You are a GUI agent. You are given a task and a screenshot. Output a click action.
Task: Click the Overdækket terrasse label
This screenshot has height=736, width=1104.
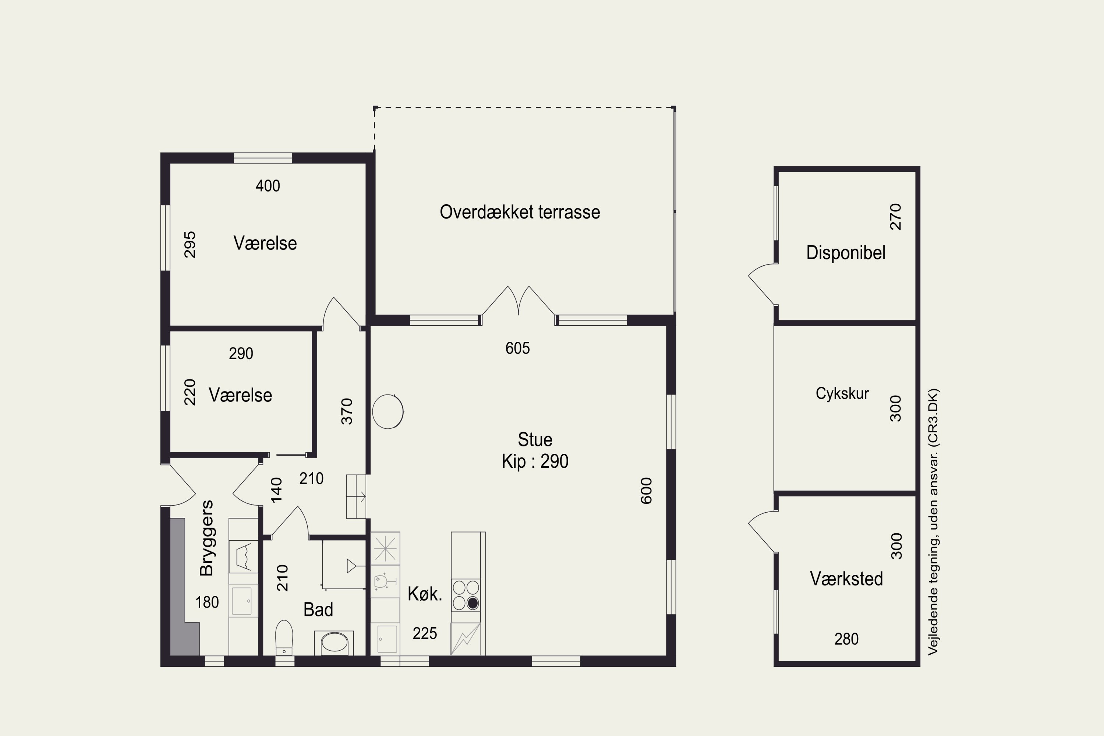(x=520, y=212)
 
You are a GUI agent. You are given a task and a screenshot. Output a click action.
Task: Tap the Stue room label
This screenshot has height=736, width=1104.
(x=535, y=439)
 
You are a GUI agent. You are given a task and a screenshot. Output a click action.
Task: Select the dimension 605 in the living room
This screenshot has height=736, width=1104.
(x=517, y=348)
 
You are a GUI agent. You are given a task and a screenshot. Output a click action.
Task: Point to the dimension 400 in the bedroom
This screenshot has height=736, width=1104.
(x=268, y=186)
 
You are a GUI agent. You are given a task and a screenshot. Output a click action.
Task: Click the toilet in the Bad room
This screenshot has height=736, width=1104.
(x=284, y=637)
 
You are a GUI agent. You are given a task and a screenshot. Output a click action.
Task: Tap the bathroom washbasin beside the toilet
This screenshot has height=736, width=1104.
(x=334, y=643)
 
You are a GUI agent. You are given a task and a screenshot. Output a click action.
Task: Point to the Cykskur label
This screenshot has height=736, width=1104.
(x=842, y=393)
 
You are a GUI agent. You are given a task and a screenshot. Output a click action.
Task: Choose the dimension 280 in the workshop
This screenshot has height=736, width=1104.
(x=846, y=639)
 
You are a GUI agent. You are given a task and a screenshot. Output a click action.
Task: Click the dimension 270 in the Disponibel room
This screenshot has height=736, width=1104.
(x=896, y=217)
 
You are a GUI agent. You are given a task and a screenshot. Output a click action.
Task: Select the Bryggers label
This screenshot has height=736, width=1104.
(x=206, y=538)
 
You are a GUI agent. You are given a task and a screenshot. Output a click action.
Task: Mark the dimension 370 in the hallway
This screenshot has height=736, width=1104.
(x=346, y=411)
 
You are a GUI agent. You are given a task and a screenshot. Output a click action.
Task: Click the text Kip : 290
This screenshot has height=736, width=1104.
(x=535, y=461)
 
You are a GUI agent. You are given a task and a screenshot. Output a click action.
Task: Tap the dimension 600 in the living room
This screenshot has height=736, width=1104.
(x=646, y=491)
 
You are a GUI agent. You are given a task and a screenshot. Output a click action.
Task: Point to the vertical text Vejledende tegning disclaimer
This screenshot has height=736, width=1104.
(x=933, y=521)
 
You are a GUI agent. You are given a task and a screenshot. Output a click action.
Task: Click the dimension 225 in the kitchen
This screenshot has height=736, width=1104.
(x=425, y=633)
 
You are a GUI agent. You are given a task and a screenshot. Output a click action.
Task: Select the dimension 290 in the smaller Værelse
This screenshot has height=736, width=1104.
(x=241, y=353)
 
